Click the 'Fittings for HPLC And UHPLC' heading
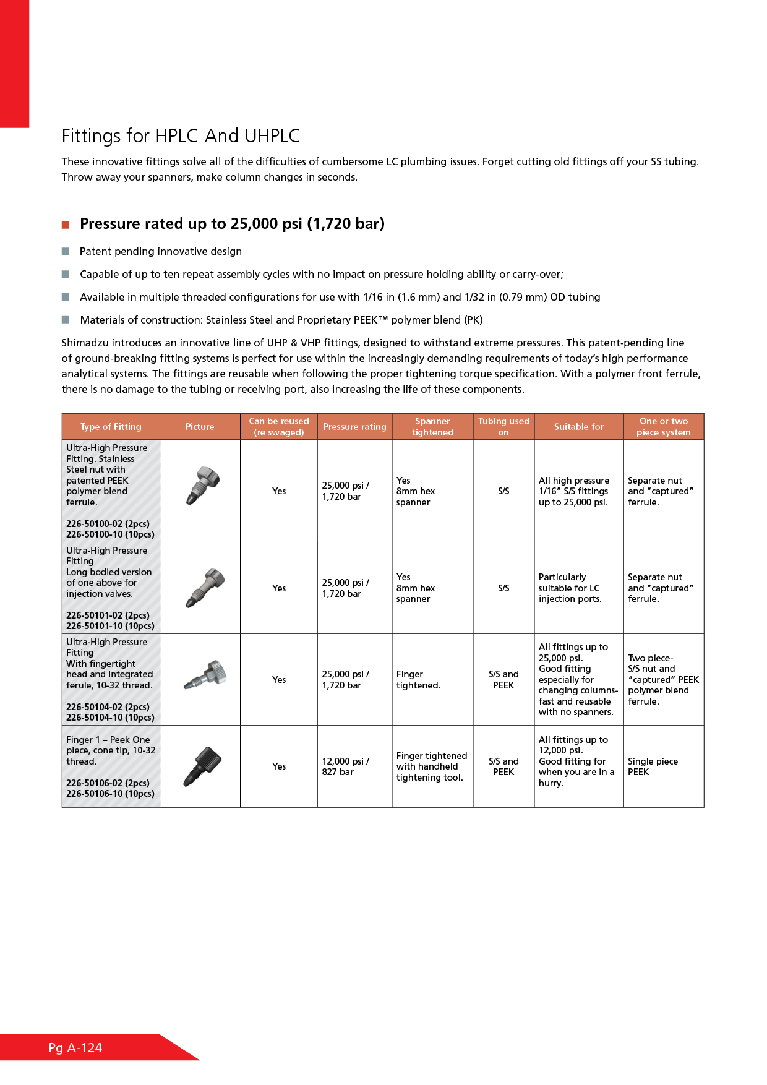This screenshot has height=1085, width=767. [x=181, y=135]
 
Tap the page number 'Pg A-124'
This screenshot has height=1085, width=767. [x=75, y=1048]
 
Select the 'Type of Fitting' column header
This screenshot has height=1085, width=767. [x=111, y=427]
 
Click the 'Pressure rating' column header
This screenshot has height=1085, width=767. [x=354, y=427]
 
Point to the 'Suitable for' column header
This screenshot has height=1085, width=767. [x=578, y=427]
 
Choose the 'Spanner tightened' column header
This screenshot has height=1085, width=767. [x=432, y=427]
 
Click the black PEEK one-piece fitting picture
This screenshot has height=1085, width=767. [x=202, y=766]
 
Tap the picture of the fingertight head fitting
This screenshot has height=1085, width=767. [x=205, y=675]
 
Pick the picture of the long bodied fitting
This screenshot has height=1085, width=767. [x=205, y=587]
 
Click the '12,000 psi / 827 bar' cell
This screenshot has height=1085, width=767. [x=345, y=766]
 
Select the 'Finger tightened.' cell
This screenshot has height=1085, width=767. [x=418, y=680]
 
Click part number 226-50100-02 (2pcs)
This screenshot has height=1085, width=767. [x=108, y=524]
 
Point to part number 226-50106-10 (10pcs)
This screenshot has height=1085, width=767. [x=110, y=794]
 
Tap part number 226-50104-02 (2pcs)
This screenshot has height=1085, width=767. [x=108, y=707]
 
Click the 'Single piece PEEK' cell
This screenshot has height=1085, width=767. [x=653, y=766]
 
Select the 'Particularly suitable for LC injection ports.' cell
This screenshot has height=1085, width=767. [x=570, y=588]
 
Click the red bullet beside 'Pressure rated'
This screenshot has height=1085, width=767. [x=66, y=225]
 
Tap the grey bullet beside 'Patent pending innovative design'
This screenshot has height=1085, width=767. [x=66, y=251]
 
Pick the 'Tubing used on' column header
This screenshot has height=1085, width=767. [x=503, y=427]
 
